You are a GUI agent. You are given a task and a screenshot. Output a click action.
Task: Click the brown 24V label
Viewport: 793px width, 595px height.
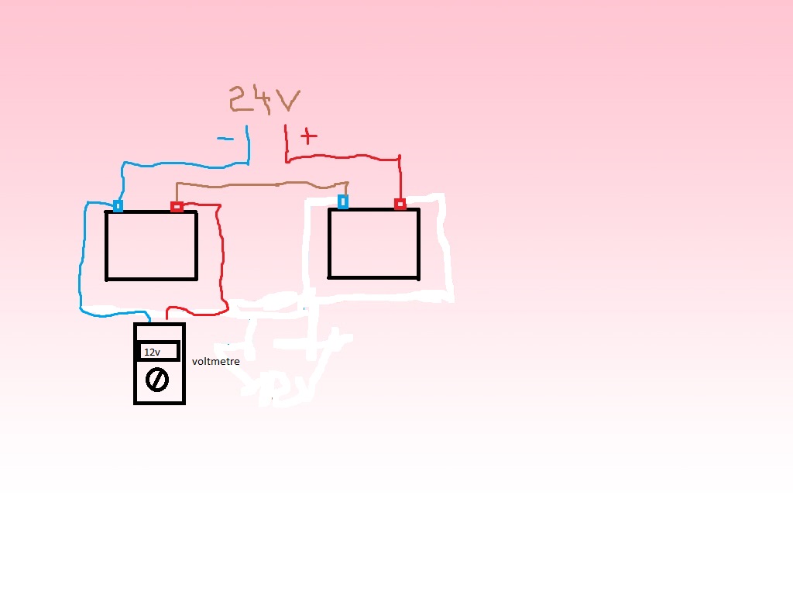point(263,99)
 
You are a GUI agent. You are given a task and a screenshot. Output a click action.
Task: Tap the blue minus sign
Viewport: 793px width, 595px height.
point(225,139)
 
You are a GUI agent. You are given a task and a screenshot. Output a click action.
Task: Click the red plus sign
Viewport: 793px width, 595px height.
point(309,137)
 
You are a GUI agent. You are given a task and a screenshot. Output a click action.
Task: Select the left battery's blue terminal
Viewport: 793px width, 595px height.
point(118,206)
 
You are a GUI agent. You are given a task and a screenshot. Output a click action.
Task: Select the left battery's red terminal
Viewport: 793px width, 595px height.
point(177,206)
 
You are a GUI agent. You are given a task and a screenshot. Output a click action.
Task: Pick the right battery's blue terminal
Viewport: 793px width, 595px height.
point(343,202)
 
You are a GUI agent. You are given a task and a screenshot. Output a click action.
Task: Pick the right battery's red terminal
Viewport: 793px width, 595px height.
point(400,204)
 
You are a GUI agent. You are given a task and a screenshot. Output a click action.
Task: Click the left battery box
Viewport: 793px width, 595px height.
point(152,245)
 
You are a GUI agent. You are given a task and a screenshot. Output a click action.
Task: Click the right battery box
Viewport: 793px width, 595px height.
point(374,242)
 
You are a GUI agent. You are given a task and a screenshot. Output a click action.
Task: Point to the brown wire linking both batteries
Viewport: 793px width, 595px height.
point(263,185)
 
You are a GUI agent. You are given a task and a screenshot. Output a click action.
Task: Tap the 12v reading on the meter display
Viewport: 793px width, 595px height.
point(152,353)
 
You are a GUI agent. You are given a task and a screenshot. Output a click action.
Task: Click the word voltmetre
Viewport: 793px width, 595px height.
point(216,362)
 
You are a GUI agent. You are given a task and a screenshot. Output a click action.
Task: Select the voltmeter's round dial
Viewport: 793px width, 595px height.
point(157,380)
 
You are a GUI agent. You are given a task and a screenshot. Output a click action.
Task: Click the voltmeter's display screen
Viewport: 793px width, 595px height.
point(160,352)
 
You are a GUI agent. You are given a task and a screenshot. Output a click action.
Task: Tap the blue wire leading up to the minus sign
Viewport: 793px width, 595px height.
point(186,164)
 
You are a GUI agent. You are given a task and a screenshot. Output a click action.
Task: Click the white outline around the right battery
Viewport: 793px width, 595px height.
point(445,248)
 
